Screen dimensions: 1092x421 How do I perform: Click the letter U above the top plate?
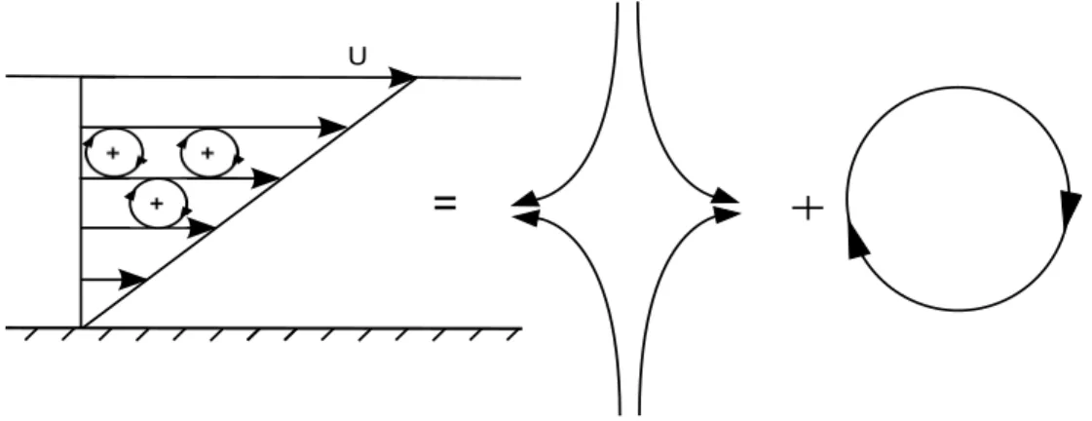pyautogui.click(x=358, y=57)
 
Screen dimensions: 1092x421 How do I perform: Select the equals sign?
pyautogui.click(x=445, y=204)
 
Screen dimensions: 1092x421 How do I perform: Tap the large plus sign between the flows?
pyautogui.click(x=808, y=208)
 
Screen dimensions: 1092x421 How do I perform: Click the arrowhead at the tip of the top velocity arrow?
pyautogui.click(x=402, y=77)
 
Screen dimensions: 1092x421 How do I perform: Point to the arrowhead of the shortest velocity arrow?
pyautogui.click(x=133, y=280)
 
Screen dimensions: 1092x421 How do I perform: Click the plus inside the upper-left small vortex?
pyautogui.click(x=112, y=153)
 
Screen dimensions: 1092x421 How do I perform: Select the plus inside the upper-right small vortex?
pyautogui.click(x=207, y=153)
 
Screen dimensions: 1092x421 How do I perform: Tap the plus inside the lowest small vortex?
pyautogui.click(x=157, y=204)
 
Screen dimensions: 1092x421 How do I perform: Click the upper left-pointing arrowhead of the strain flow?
pyautogui.click(x=525, y=200)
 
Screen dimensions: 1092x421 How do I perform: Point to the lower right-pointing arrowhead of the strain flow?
pyautogui.click(x=725, y=215)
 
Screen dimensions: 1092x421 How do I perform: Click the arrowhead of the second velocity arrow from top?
pyautogui.click(x=333, y=128)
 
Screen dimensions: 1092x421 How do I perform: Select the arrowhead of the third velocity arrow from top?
pyautogui.click(x=265, y=178)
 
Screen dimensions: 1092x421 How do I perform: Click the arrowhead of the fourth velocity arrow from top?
pyautogui.click(x=202, y=228)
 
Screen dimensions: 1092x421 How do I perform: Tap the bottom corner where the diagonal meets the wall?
pyautogui.click(x=82, y=326)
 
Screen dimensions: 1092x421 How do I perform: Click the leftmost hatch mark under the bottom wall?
pyautogui.click(x=31, y=335)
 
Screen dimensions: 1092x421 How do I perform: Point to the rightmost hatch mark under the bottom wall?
pyautogui.click(x=514, y=335)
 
